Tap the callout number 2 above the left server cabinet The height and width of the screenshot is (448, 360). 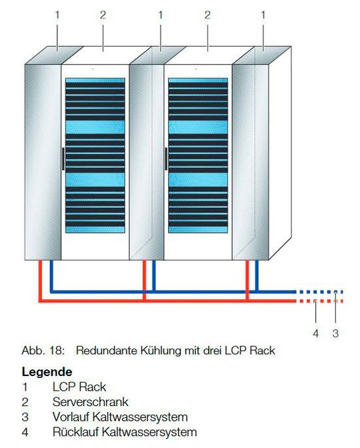[103, 14]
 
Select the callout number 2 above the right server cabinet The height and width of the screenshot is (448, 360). [207, 14]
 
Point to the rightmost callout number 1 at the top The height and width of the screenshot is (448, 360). [263, 14]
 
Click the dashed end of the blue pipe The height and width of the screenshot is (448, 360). [320, 292]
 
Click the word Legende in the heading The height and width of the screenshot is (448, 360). [47, 371]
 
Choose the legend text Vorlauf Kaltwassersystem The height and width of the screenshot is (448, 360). [120, 417]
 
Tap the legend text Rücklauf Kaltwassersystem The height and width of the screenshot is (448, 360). [125, 433]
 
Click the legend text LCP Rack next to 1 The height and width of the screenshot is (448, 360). [79, 387]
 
